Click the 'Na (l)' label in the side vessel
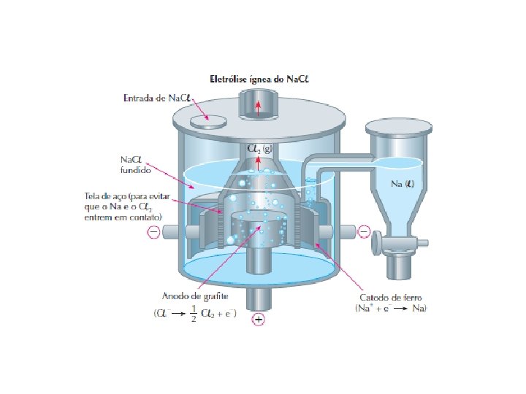(x=403, y=184)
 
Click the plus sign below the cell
(x=259, y=320)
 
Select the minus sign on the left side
(x=153, y=233)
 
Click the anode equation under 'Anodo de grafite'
(x=193, y=314)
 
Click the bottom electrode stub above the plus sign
(x=259, y=298)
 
